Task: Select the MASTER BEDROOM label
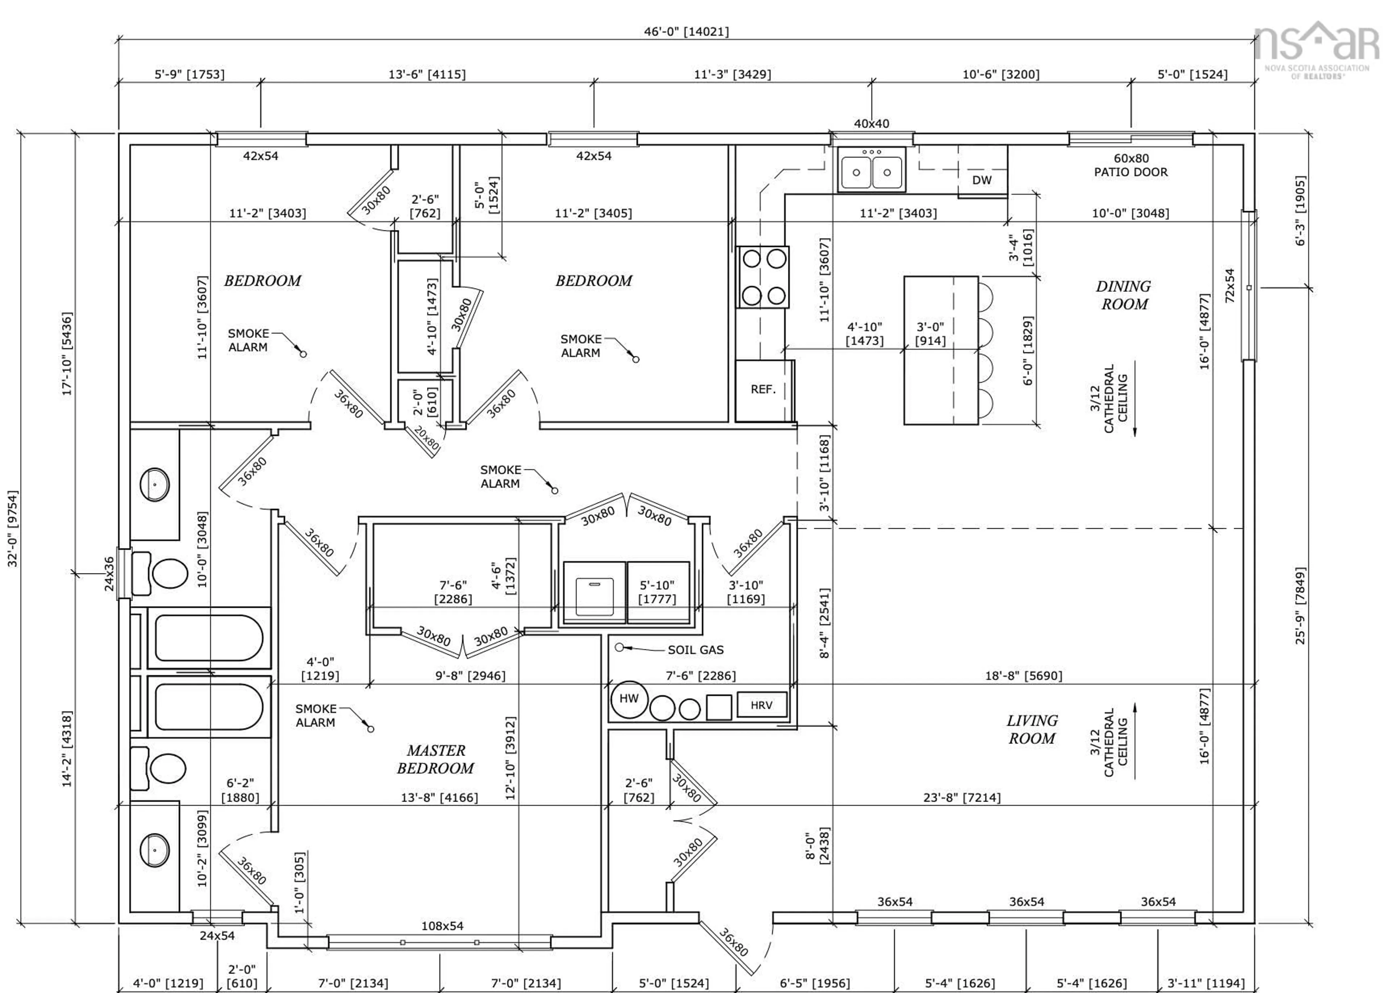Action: point(435,759)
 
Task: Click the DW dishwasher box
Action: point(982,180)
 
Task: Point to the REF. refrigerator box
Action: point(763,390)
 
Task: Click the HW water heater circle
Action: point(629,699)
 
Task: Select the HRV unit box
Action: point(762,705)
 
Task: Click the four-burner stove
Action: point(763,277)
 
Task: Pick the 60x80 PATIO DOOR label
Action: point(1131,165)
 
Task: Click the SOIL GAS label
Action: point(695,650)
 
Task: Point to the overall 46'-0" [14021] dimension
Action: point(686,31)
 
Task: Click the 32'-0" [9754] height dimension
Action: point(13,528)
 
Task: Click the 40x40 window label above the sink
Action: point(871,124)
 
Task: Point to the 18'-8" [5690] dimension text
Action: point(1023,676)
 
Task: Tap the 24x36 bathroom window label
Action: point(109,574)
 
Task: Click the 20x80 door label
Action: point(426,438)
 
